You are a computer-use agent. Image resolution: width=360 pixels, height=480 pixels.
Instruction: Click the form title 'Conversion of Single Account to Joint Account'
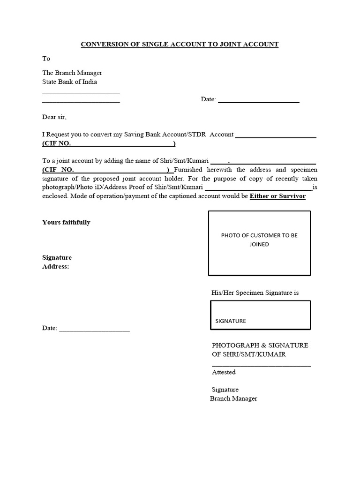(x=180, y=45)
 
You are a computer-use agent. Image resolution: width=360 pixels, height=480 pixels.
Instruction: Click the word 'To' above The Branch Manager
(x=46, y=59)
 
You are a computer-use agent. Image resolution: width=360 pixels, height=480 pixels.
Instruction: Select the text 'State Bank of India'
(x=70, y=82)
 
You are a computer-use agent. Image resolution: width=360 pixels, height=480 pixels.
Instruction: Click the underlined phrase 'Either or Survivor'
(x=277, y=196)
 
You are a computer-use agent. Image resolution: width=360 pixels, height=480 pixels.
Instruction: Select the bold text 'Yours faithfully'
(x=66, y=222)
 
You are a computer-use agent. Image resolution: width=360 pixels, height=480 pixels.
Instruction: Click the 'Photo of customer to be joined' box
(x=259, y=243)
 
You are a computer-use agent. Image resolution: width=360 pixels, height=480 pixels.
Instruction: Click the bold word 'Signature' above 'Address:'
(x=57, y=258)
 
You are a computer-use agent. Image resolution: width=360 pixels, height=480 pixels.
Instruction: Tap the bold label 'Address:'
(x=55, y=267)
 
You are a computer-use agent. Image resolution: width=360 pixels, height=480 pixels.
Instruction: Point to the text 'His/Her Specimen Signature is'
(x=255, y=293)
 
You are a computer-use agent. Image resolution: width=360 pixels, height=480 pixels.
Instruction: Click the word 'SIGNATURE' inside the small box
(x=231, y=321)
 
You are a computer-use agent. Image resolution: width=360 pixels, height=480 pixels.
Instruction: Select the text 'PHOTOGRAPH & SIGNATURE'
(x=260, y=345)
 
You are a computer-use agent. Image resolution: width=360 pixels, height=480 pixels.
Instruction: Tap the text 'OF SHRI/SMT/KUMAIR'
(x=248, y=354)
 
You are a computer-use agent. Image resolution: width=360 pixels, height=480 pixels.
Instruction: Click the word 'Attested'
(x=224, y=372)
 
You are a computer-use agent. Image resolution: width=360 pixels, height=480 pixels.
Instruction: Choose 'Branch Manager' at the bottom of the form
(x=233, y=398)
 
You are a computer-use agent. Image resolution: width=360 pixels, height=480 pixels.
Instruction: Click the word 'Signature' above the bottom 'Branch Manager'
(x=225, y=390)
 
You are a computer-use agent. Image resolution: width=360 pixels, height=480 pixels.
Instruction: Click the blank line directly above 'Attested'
(x=261, y=365)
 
